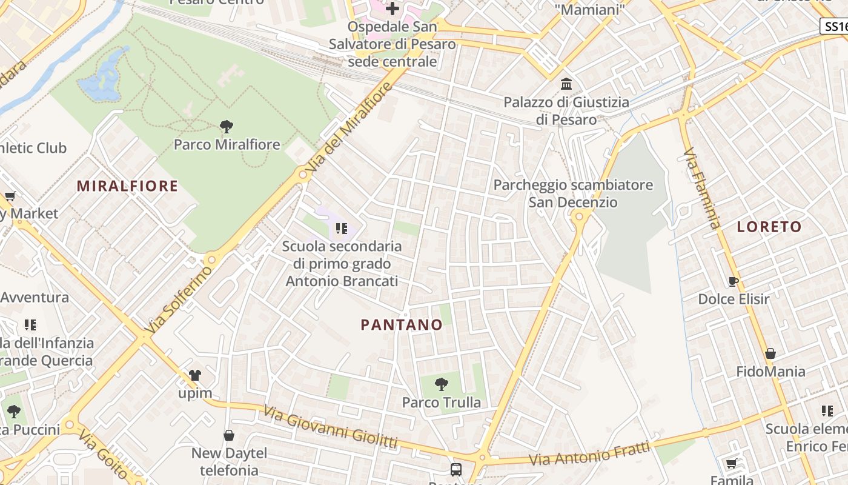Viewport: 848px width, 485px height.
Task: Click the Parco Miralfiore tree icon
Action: tap(227, 127)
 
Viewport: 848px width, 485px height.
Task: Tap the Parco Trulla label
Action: tap(442, 403)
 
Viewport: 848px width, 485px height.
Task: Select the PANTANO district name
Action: tap(402, 325)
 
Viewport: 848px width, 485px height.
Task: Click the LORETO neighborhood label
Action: tap(769, 227)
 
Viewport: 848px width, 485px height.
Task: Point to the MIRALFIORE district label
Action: tap(127, 186)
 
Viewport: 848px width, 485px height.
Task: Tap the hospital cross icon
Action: tap(393, 8)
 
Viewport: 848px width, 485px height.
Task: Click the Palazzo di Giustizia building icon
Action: tap(566, 84)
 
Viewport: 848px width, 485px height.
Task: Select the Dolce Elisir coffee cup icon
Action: tap(733, 281)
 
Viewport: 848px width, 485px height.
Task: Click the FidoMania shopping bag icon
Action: tap(770, 353)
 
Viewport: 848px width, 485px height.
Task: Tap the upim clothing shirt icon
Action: tap(194, 375)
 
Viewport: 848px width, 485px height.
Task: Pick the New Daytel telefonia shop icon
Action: tap(229, 435)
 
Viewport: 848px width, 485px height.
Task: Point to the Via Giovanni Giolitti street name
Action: tap(330, 427)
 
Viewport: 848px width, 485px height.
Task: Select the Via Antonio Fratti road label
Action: tap(589, 454)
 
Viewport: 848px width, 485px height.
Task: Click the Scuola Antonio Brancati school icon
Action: tap(341, 229)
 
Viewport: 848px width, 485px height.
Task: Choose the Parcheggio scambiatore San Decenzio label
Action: tap(573, 193)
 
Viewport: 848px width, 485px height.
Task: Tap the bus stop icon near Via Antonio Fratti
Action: tap(455, 469)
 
